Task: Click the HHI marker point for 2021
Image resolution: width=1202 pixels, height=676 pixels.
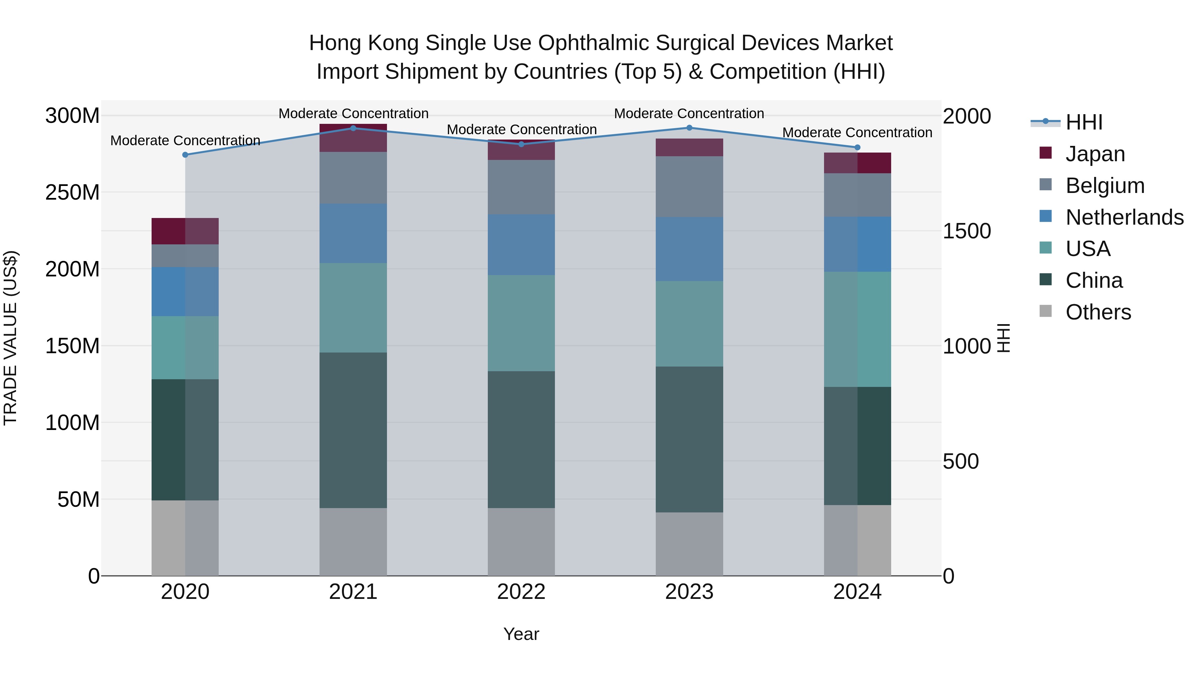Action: (x=353, y=128)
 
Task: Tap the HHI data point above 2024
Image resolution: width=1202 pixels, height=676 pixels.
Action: (x=857, y=148)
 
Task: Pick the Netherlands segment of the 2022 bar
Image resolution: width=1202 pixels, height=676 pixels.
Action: (x=521, y=244)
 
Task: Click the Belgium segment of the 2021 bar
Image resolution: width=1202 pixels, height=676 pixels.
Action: (x=353, y=177)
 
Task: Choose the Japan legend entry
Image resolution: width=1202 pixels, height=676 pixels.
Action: (x=1095, y=154)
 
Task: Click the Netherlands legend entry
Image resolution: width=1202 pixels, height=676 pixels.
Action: (x=1124, y=217)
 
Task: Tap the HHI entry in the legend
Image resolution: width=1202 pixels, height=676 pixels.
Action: (x=1083, y=122)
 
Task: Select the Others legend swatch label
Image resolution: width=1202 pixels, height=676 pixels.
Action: (x=1098, y=312)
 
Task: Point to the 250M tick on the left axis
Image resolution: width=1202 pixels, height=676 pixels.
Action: (x=72, y=192)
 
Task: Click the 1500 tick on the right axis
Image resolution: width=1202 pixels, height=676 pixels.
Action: (x=966, y=231)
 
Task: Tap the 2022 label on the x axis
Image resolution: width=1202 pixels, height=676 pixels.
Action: (x=521, y=592)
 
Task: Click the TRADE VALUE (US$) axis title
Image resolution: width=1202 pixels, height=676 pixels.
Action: (x=10, y=338)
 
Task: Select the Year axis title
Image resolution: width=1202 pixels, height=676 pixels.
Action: (x=521, y=634)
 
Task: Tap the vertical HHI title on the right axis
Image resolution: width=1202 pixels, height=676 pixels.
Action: (x=1003, y=338)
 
